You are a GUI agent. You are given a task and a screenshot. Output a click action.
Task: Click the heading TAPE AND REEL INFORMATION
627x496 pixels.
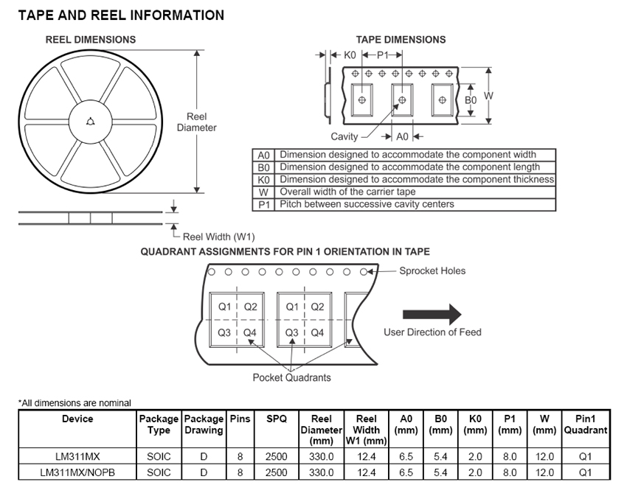click(x=121, y=15)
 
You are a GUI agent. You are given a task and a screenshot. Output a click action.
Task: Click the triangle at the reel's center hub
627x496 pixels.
click(x=91, y=122)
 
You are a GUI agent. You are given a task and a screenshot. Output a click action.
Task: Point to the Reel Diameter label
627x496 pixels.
click(x=197, y=122)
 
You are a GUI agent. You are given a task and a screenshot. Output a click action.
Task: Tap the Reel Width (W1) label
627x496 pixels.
click(x=219, y=237)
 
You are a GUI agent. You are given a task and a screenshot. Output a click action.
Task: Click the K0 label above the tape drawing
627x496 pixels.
click(x=350, y=55)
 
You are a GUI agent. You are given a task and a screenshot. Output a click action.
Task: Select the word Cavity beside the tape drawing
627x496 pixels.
click(x=344, y=136)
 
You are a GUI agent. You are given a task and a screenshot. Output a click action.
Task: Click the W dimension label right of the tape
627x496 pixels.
click(x=488, y=96)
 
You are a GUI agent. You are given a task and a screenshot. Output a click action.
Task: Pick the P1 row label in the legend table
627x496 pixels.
click(x=263, y=204)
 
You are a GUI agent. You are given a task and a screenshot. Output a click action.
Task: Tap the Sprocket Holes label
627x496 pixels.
click(x=432, y=270)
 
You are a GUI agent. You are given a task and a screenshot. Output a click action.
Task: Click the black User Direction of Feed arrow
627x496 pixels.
click(x=432, y=312)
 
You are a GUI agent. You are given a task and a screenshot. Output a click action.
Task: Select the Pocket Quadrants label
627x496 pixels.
click(x=292, y=377)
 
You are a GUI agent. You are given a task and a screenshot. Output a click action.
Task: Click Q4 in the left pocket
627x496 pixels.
click(x=250, y=332)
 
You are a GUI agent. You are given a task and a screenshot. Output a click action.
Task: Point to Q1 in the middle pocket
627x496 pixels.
click(x=292, y=307)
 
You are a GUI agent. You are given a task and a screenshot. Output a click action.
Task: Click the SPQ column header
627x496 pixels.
click(x=276, y=419)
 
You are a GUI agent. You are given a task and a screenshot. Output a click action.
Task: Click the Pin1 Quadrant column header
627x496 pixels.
click(x=586, y=424)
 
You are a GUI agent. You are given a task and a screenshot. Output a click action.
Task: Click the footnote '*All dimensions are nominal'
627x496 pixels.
click(x=75, y=402)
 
